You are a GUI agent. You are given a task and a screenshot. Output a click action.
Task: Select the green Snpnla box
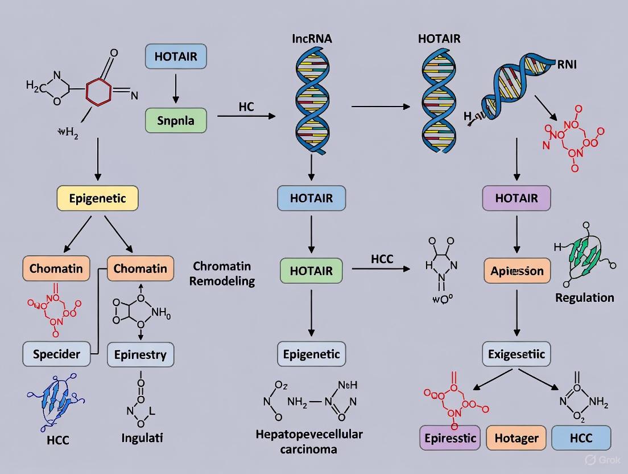175,121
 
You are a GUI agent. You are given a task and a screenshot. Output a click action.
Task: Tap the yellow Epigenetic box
98,199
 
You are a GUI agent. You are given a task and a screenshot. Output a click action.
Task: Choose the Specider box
56,354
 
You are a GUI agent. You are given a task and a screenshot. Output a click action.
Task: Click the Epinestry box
141,355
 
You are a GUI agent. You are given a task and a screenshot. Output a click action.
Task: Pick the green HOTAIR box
311,271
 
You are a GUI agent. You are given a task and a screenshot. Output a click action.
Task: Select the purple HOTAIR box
517,199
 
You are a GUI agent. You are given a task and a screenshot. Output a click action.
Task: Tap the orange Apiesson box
517,271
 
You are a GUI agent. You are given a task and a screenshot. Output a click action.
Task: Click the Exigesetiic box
517,354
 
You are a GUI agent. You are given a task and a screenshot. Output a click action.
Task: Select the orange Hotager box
517,438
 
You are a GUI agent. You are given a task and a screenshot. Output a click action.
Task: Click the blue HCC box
581,438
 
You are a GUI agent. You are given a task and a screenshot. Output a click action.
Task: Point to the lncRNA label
312,39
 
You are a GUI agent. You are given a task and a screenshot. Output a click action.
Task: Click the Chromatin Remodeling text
222,273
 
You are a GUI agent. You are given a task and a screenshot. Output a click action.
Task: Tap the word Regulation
585,297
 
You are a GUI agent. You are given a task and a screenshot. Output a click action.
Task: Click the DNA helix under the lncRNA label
311,103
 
